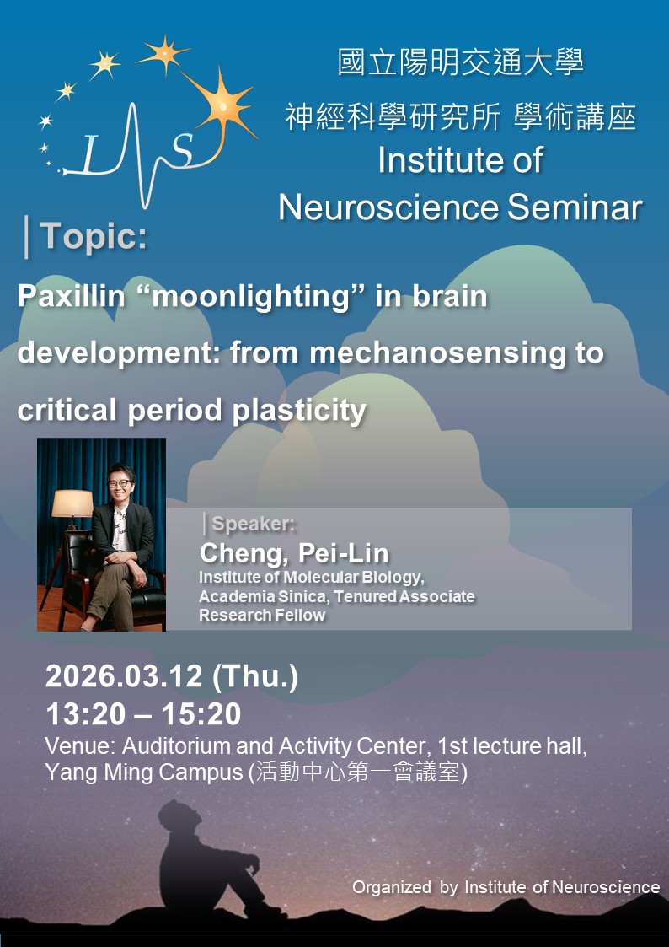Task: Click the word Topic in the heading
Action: [94, 237]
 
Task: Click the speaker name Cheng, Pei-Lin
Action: [294, 553]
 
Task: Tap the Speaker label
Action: [254, 525]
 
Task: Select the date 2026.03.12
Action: [124, 677]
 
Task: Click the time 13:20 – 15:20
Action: [143, 714]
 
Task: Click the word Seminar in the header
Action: [575, 208]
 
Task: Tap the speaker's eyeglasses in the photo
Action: [120, 483]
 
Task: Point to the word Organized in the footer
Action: [391, 887]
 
